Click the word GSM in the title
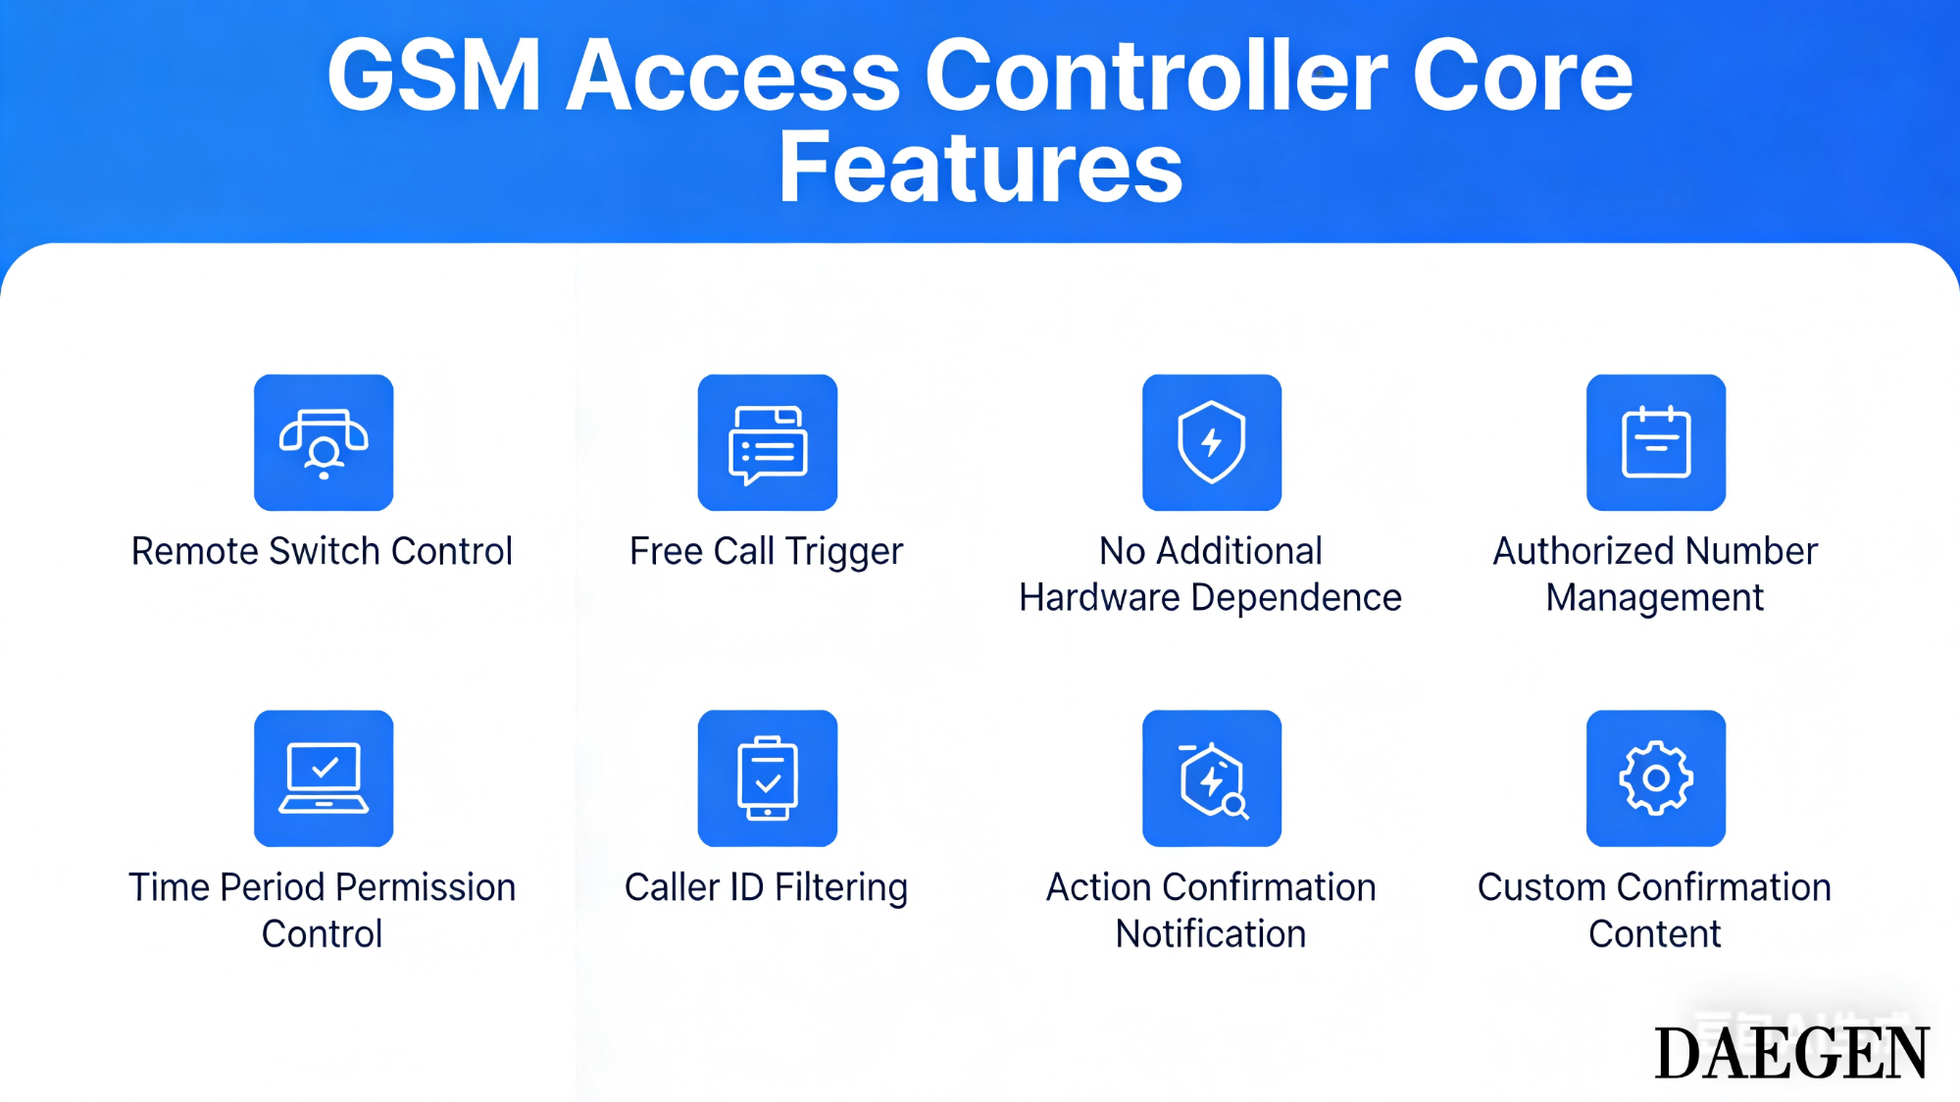tap(433, 76)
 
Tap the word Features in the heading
tap(980, 169)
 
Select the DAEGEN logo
tap(1791, 1054)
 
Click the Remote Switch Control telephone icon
tap(324, 442)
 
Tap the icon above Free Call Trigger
tap(768, 442)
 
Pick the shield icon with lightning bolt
tap(1212, 442)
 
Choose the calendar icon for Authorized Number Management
tap(1656, 442)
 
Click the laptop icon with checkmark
tap(324, 778)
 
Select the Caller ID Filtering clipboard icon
tap(768, 778)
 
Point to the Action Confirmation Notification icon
tap(1212, 778)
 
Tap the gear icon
tap(1656, 778)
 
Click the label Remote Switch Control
tap(322, 551)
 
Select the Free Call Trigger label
tap(766, 552)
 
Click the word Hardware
tap(1099, 597)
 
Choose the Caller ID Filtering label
tap(766, 887)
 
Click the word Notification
tap(1211, 934)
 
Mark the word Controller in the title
tap(1156, 76)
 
